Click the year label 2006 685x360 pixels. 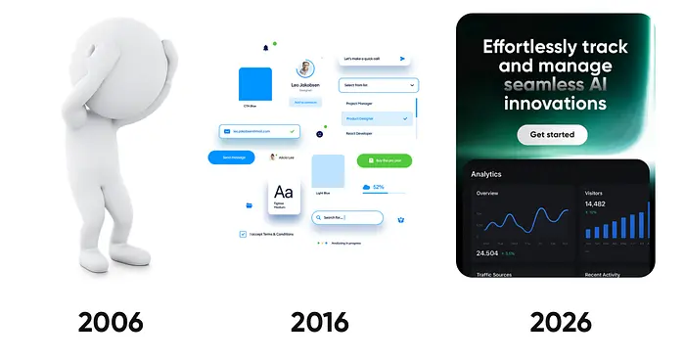[x=111, y=321]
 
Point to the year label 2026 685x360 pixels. [x=561, y=321]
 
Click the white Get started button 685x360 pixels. [x=552, y=134]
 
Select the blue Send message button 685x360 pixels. [x=238, y=157]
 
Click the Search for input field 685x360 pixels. [x=348, y=217]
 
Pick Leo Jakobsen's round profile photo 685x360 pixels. [x=306, y=69]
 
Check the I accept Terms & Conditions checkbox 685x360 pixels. [x=243, y=235]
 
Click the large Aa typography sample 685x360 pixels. [x=283, y=192]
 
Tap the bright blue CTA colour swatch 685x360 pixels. [x=255, y=84]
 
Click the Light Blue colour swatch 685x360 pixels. [x=328, y=170]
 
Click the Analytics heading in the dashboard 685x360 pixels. [x=486, y=174]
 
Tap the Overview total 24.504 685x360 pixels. [x=487, y=253]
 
